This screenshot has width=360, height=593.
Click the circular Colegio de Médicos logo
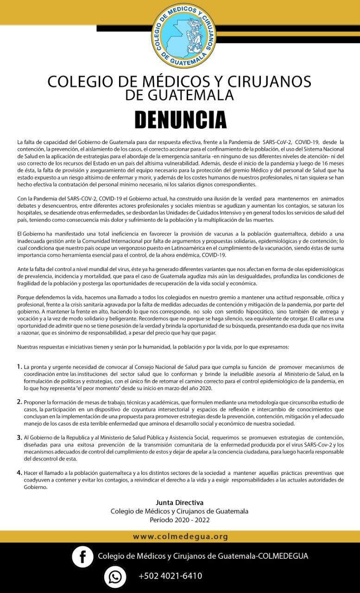pyautogui.click(x=184, y=35)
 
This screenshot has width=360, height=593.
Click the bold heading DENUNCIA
pyautogui.click(x=180, y=120)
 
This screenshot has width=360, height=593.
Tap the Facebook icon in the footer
pyautogui.click(x=82, y=556)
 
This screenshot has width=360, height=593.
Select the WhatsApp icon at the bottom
pyautogui.click(x=115, y=577)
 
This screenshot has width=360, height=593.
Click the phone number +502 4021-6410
pyautogui.click(x=170, y=576)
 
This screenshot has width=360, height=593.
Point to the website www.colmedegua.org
pyautogui.click(x=180, y=536)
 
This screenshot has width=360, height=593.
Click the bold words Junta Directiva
pyautogui.click(x=180, y=502)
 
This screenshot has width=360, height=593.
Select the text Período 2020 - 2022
pyautogui.click(x=180, y=520)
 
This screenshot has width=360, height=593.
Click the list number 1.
pyautogui.click(x=19, y=366)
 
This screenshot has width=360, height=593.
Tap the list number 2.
pyautogui.click(x=19, y=402)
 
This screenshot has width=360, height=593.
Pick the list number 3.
pyautogui.click(x=19, y=437)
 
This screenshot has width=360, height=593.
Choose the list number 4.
pyautogui.click(x=19, y=473)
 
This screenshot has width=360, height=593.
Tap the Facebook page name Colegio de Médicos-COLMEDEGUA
pyautogui.click(x=202, y=556)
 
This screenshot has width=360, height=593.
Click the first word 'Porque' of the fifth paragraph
pyautogui.click(x=26, y=296)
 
